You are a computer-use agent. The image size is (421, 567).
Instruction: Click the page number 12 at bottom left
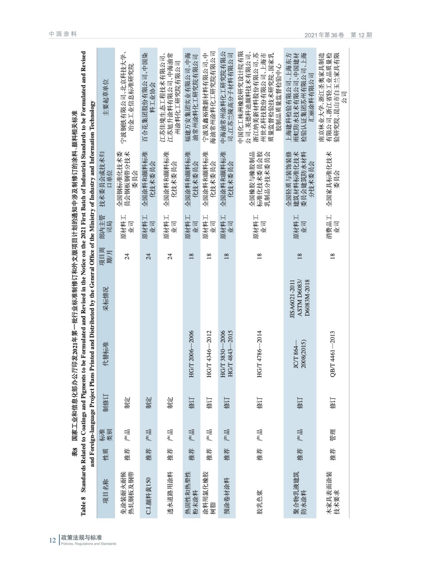[x=52, y=540]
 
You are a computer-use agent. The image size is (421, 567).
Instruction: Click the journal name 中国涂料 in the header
[x=63, y=34]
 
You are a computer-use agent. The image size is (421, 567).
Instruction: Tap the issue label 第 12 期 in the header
[x=361, y=35]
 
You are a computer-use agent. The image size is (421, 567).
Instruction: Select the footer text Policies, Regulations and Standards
[x=88, y=544]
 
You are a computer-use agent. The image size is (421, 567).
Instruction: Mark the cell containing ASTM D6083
[x=300, y=297]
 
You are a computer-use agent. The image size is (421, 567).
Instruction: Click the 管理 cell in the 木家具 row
[x=332, y=434]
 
